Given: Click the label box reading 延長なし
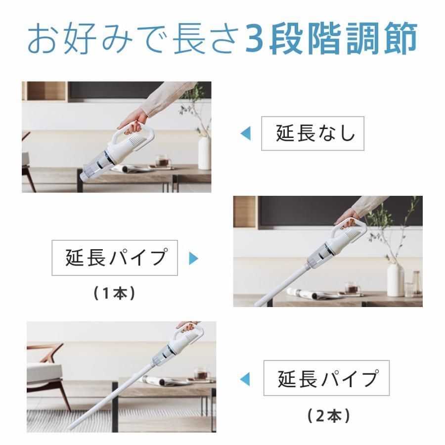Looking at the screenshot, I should (x=312, y=133).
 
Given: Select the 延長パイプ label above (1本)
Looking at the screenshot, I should (x=115, y=258).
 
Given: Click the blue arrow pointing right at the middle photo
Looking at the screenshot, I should (x=193, y=258).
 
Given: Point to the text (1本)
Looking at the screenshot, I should (x=114, y=293).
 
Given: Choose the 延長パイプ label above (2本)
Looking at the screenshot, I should (x=326, y=378).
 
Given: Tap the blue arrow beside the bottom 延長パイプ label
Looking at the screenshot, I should (x=245, y=379).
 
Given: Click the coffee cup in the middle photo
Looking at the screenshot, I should (x=352, y=288).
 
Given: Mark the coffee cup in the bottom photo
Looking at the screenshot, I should (x=200, y=374).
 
